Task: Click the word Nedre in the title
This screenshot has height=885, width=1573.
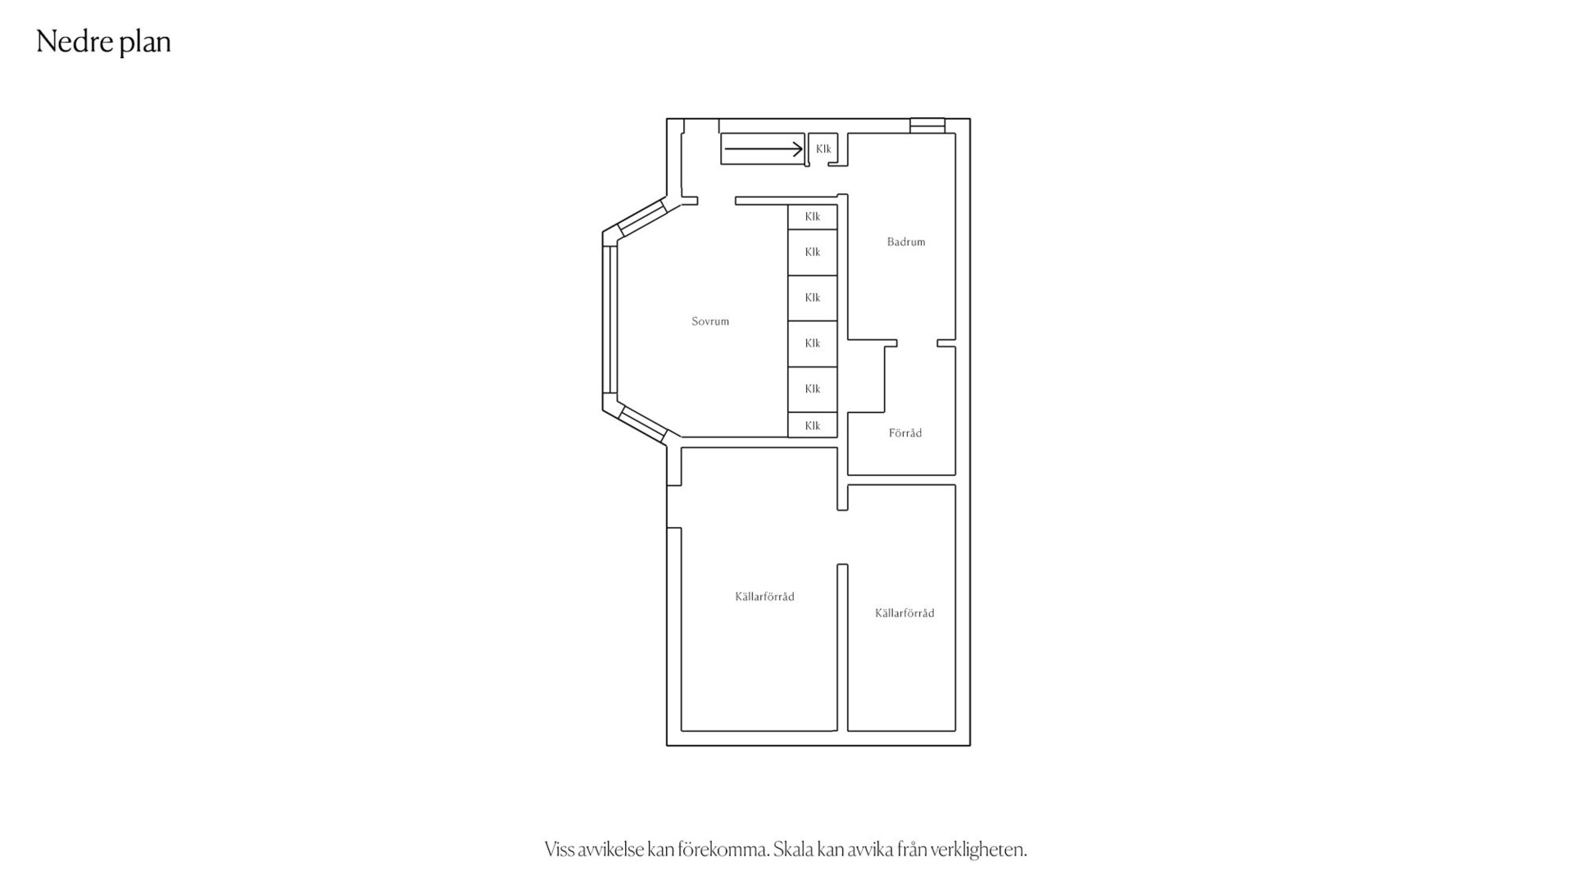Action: (69, 41)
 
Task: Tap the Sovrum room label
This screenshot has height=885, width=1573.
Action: (710, 321)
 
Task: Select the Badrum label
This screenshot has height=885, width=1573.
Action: (906, 242)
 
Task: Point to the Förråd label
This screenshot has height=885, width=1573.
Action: (905, 433)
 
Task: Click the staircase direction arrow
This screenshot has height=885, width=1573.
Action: (764, 149)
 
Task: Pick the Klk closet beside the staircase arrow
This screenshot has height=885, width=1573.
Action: (823, 149)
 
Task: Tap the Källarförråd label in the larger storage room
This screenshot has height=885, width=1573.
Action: (764, 597)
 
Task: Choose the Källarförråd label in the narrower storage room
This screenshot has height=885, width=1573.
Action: (904, 613)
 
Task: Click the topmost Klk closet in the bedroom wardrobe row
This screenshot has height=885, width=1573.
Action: (813, 217)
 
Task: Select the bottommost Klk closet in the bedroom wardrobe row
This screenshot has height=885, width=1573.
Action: (813, 425)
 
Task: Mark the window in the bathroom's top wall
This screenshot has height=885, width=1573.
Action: (927, 126)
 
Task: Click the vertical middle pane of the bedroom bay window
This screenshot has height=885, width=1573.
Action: (610, 320)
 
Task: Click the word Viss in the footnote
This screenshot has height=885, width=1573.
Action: (560, 850)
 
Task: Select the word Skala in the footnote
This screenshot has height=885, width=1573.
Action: (793, 850)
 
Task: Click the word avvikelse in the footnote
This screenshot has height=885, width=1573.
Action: (611, 850)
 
